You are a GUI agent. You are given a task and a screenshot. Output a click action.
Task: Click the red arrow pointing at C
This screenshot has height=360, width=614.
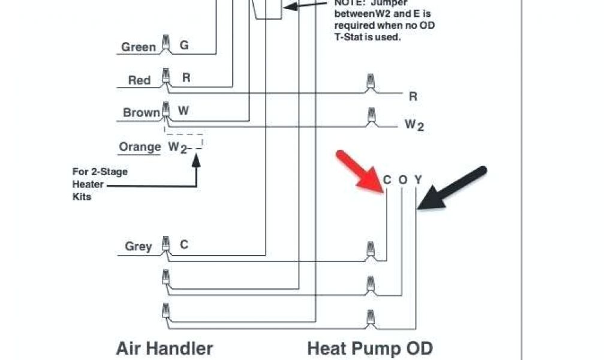pos(359,172)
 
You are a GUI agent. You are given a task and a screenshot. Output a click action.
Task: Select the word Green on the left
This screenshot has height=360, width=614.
pos(139,47)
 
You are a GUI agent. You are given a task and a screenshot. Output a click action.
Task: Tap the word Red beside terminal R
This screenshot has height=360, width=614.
pos(139,80)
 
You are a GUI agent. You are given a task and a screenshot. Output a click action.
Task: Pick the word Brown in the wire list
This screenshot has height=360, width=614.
pos(142,113)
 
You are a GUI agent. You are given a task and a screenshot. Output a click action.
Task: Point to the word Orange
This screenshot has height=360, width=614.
pos(140,147)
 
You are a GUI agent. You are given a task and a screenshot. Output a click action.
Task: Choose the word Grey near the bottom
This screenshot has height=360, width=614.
pos(139,246)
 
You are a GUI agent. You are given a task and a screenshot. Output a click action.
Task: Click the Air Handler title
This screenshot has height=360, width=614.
pos(164,348)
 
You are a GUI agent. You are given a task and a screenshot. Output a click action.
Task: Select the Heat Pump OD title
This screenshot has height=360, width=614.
pos(370,348)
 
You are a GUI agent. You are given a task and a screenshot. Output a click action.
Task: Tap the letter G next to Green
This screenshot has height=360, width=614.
pos(184,46)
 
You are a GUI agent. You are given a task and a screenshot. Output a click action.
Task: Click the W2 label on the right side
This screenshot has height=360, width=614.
pos(414,125)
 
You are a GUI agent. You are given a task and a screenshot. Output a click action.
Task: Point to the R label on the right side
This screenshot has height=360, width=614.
pos(413,97)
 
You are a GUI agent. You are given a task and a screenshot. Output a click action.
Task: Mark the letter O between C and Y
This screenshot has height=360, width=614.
pos(403,180)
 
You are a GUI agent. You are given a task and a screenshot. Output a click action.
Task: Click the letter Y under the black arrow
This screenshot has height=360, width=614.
pos(418,180)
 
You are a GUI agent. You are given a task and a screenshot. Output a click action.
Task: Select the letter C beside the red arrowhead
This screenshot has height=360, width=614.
pos(387,180)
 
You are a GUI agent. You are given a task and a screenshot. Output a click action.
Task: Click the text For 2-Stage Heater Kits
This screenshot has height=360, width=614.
pos(100,184)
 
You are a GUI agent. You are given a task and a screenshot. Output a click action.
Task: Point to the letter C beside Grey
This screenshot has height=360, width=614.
pos(184,245)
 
